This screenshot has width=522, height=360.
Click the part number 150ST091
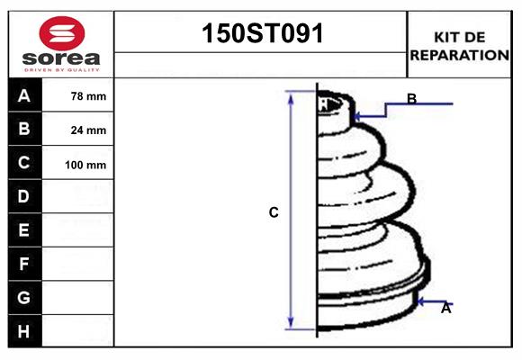tap(261, 33)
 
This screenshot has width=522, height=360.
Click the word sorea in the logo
tap(60, 58)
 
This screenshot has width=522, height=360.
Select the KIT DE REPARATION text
tap(459, 45)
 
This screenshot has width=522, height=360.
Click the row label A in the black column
tap(24, 95)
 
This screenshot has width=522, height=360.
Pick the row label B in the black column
tap(24, 129)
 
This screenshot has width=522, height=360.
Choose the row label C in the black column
tap(24, 163)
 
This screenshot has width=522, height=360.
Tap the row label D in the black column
tap(24, 196)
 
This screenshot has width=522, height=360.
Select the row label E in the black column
tap(24, 230)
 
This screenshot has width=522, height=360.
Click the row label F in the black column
tap(24, 264)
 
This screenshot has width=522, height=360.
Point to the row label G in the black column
tap(24, 297)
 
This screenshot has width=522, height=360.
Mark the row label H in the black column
tap(24, 331)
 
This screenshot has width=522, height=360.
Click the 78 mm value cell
tap(88, 96)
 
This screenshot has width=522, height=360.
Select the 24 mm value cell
tap(88, 130)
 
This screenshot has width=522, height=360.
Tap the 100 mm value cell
tap(88, 165)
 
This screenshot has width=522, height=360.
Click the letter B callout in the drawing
tap(411, 99)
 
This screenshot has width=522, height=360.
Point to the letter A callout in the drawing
tap(445, 308)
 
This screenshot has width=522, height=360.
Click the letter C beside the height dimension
tap(274, 213)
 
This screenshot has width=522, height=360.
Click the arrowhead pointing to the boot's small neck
tap(358, 116)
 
